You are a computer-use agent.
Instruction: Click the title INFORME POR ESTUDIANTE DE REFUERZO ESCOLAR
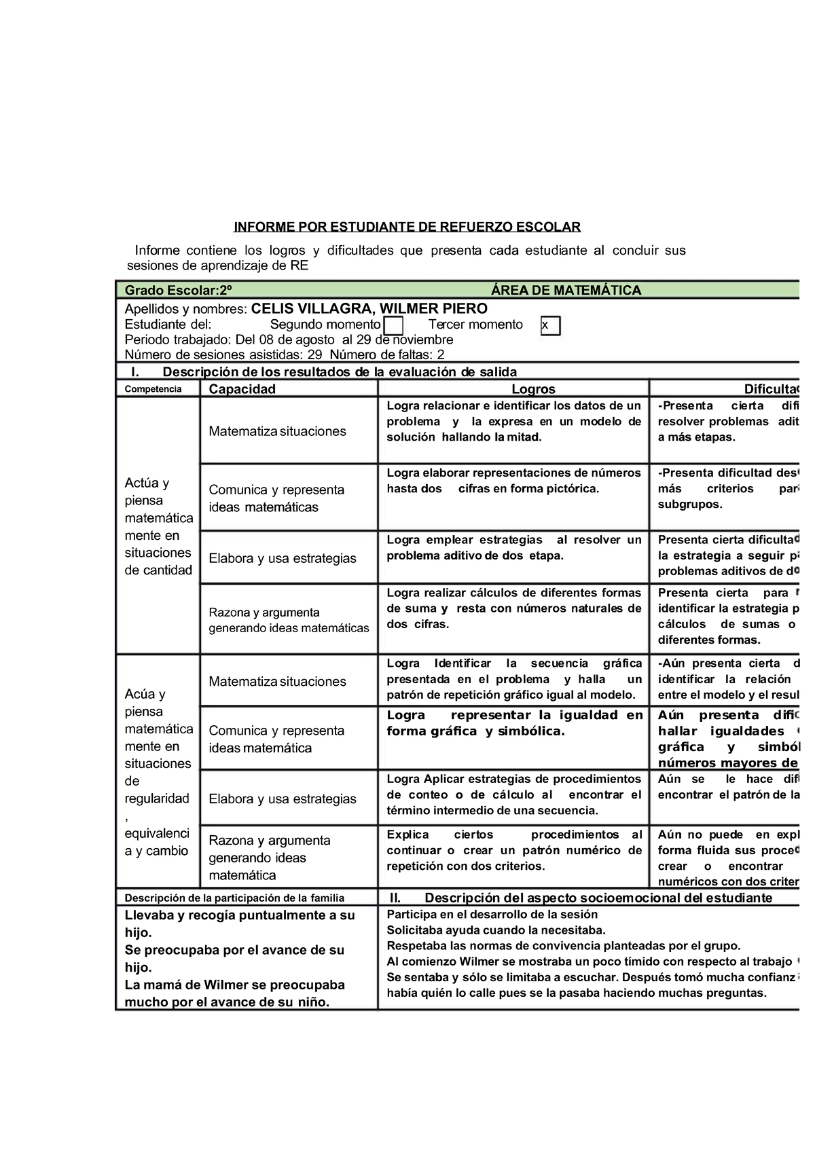[x=407, y=226]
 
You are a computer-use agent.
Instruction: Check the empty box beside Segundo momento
[x=393, y=326]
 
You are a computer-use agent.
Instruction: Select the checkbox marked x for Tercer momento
[x=550, y=326]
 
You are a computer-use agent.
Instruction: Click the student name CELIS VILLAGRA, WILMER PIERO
[x=369, y=308]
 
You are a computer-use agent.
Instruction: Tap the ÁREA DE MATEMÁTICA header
[x=566, y=291]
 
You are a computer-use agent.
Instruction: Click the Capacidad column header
[x=242, y=389]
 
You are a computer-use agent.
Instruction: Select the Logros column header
[x=533, y=389]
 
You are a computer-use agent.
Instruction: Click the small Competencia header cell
[x=153, y=389]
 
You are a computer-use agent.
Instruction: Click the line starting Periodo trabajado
[x=289, y=340]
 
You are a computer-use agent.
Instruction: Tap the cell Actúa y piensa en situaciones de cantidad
[x=158, y=526]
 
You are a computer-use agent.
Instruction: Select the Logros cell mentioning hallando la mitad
[x=513, y=422]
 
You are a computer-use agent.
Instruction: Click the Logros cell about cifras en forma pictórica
[x=513, y=481]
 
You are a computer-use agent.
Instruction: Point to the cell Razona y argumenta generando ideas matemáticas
[x=288, y=620]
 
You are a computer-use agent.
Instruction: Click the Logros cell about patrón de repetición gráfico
[x=513, y=679]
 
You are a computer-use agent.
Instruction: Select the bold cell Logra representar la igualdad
[x=513, y=723]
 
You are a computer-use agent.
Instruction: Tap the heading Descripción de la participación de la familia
[x=234, y=898]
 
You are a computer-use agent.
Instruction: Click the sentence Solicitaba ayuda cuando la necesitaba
[x=495, y=930]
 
